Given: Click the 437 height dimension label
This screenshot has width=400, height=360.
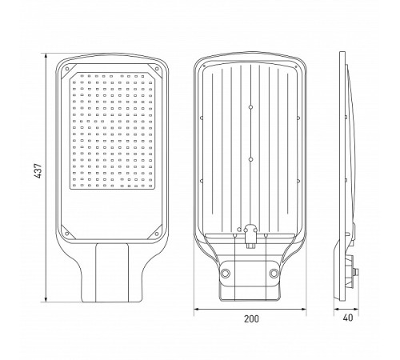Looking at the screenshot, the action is coord(38,170).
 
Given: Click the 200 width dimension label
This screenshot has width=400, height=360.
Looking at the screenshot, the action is coord(251,319).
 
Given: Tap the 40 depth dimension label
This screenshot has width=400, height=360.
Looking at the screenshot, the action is coord(348,318).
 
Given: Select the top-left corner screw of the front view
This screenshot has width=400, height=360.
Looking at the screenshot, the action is coord(67,69).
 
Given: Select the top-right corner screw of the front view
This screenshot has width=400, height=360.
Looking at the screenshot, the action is coord(157,69).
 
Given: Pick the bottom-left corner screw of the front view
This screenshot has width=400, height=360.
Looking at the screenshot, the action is coord(67,234).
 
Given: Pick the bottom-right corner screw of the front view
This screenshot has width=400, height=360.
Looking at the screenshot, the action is coord(157,234).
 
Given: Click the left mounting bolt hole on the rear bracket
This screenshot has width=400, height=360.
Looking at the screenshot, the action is coord(226,274).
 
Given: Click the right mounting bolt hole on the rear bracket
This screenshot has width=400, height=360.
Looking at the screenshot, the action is coord(274,274).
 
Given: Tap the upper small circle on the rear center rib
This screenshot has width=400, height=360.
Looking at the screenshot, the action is coord(250,107).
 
